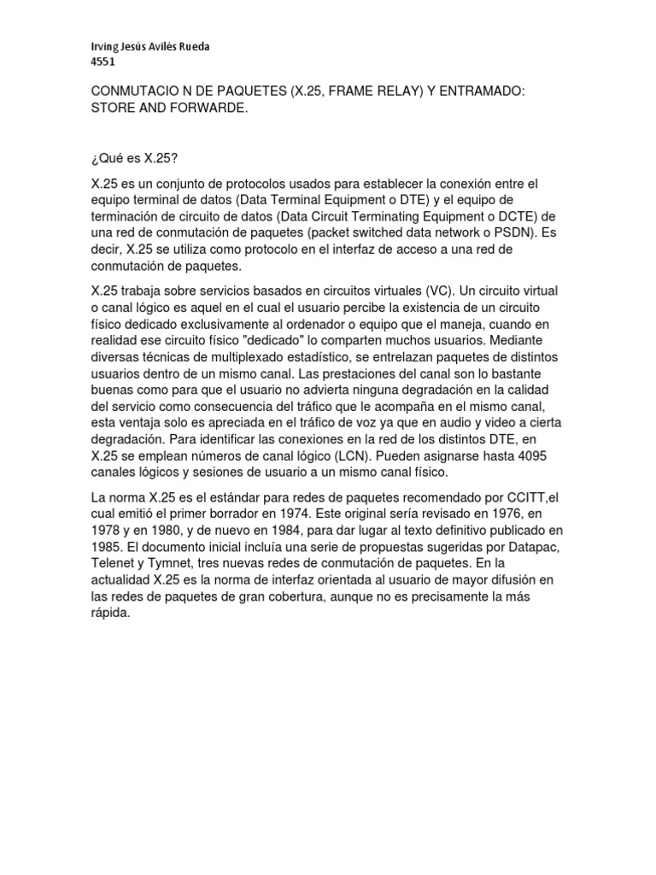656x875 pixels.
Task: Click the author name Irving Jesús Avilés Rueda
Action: click(x=149, y=47)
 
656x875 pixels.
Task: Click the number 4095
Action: click(x=528, y=455)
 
